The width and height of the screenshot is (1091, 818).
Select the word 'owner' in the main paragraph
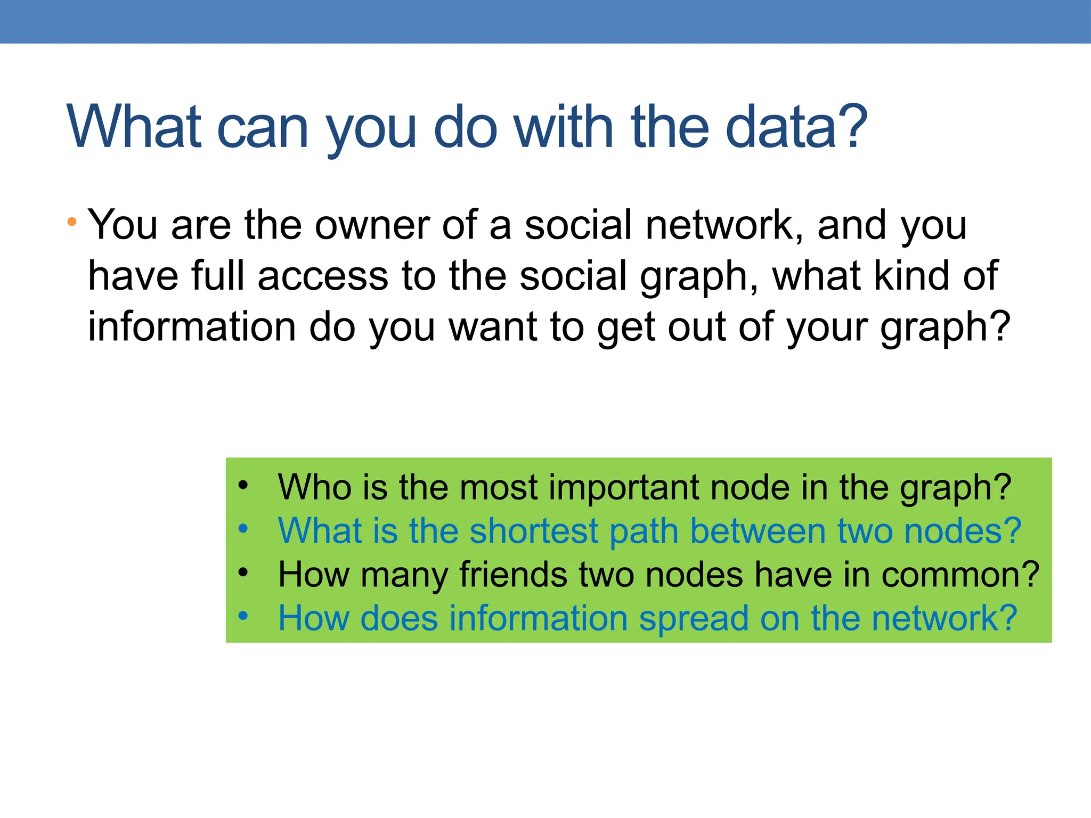coord(372,225)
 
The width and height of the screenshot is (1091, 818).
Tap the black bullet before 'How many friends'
coord(243,572)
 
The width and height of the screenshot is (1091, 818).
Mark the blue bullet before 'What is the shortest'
coord(243,529)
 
